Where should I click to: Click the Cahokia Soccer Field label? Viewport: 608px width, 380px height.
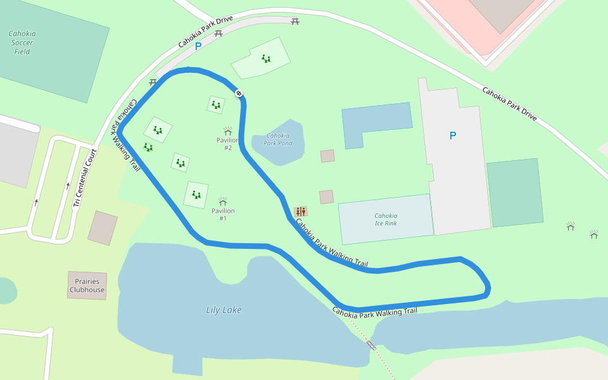22,42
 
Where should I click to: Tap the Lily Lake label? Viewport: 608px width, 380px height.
224,310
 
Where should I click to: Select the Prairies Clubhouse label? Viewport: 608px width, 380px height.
87,285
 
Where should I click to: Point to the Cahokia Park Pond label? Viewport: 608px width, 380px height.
277,139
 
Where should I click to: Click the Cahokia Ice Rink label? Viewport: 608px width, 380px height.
386,219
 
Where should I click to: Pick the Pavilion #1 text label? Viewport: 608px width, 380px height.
223,214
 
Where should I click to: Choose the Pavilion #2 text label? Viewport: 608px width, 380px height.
227,144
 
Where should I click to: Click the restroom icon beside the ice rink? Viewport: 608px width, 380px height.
300,211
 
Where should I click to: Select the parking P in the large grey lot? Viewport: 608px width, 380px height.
452,136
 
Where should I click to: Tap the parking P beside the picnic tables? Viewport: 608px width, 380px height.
198,46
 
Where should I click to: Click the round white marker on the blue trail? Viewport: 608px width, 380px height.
239,94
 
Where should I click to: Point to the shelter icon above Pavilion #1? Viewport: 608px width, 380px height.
222,201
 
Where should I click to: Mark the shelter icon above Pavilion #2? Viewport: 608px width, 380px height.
227,130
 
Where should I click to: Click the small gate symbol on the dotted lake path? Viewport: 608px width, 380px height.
371,345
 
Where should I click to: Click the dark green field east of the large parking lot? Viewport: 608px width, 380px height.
514,193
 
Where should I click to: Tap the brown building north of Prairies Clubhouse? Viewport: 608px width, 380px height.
103,228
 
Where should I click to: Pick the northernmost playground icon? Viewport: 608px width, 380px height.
266,59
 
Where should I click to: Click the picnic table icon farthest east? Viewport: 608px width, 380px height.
295,22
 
